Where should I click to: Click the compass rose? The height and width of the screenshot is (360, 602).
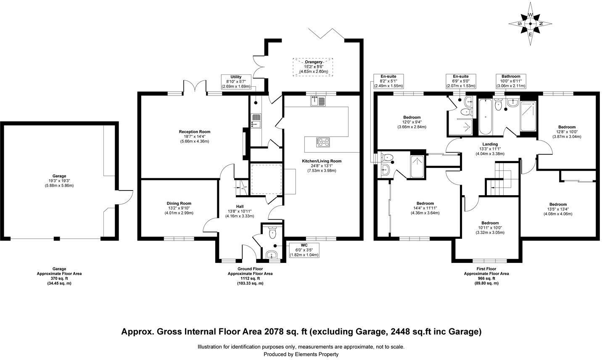(x=530, y=24)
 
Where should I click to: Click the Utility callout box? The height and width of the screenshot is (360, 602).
(x=236, y=82)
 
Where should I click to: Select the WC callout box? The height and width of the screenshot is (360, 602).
(x=304, y=250)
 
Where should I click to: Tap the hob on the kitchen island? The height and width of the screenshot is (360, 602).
(x=323, y=143)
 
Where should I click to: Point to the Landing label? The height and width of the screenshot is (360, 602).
(x=490, y=149)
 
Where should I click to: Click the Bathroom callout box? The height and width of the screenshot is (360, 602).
(x=511, y=81)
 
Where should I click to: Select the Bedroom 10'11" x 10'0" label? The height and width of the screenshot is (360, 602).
(x=490, y=228)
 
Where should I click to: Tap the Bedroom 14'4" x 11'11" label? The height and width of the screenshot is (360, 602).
(x=425, y=208)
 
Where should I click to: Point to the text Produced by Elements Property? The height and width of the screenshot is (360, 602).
(x=301, y=354)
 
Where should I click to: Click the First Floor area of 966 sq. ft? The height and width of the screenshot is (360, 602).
(x=486, y=278)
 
